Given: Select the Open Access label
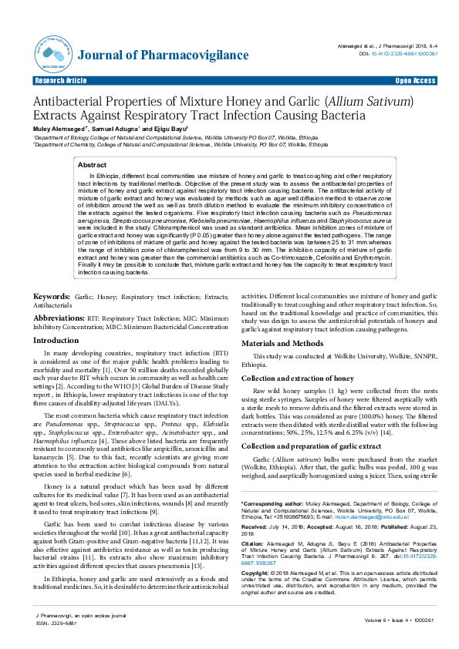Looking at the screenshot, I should pos(415,80).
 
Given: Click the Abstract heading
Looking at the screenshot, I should pos(93,165).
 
